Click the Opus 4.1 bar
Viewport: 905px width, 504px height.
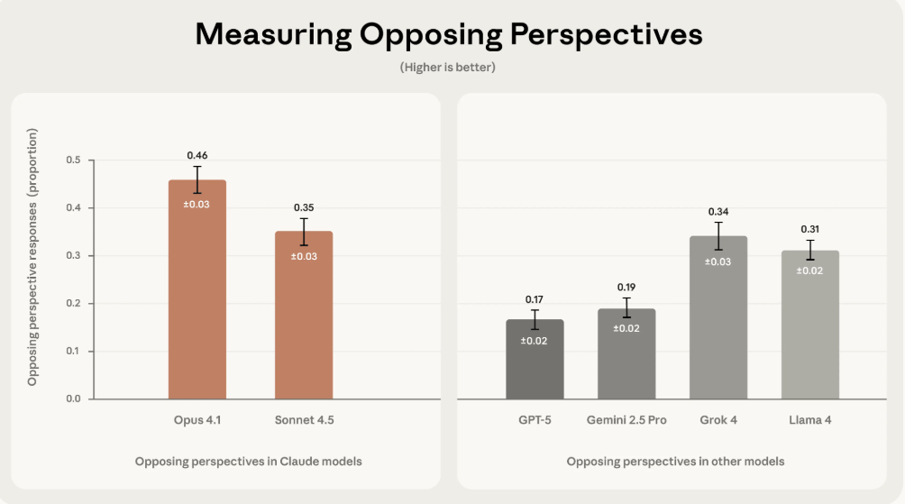[197, 298]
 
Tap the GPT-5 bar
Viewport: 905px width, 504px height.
[535, 365]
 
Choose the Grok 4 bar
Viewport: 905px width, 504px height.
[718, 325]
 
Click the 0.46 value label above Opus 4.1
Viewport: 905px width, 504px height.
[197, 156]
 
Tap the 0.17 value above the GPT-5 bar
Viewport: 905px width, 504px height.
[535, 299]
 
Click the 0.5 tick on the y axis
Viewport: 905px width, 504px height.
[73, 160]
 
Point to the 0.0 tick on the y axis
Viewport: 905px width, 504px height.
[73, 399]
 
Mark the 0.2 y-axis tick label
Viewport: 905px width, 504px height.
[73, 304]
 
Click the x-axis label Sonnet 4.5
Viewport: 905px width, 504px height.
[304, 421]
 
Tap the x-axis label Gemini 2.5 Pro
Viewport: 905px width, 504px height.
[626, 421]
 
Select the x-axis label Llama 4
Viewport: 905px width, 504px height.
[810, 421]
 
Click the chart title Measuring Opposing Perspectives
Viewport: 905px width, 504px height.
[449, 34]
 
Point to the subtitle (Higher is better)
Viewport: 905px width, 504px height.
[448, 68]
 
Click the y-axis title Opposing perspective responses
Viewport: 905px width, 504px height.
[32, 257]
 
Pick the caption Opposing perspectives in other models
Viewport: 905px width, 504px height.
[675, 462]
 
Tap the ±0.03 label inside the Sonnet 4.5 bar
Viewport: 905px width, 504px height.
[304, 256]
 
